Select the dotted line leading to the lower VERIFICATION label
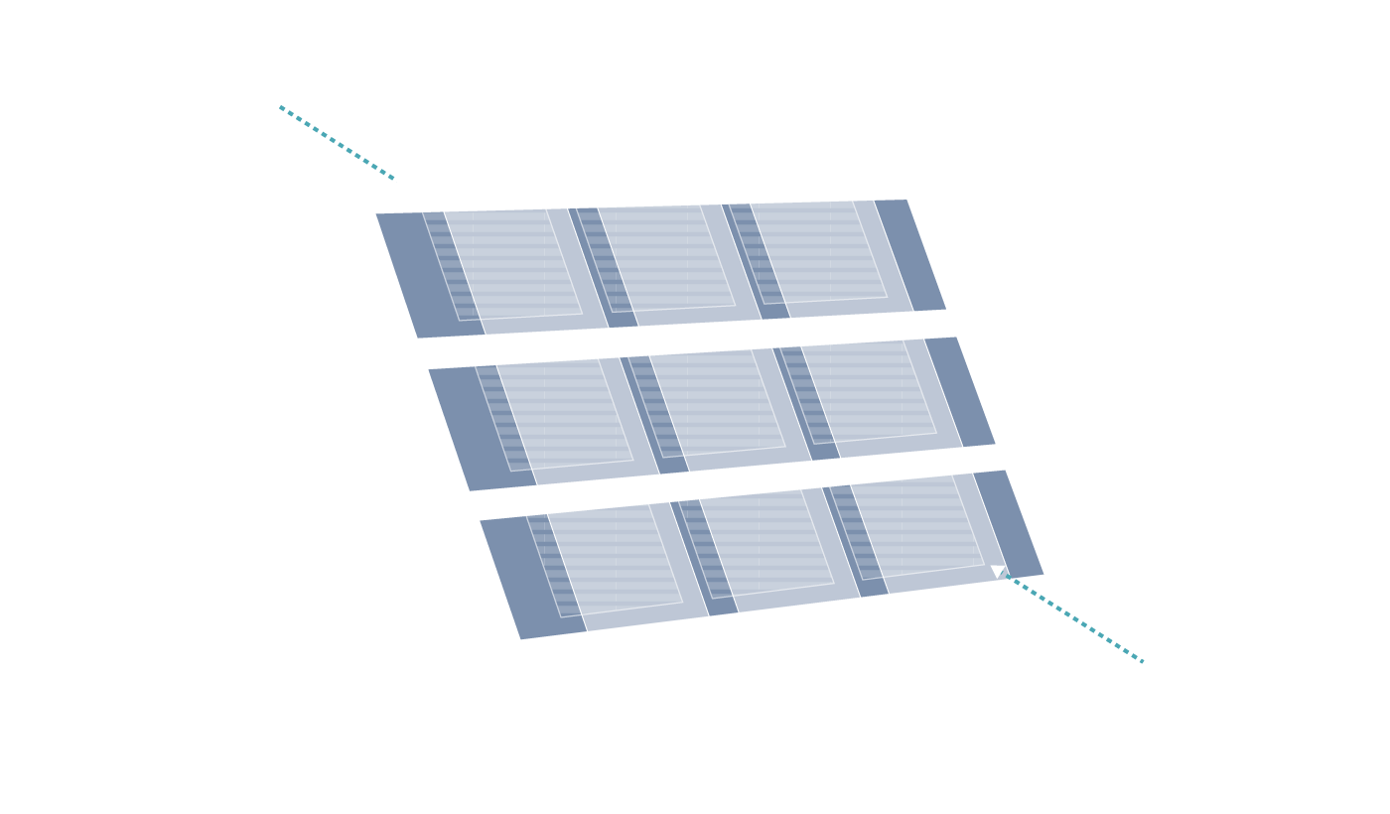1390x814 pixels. [x=1077, y=619]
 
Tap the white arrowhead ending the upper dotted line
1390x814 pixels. [x=401, y=182]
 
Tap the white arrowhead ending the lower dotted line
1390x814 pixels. [x=998, y=571]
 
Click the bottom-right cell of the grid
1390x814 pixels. [x=913, y=532]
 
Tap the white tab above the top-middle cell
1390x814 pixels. [x=645, y=180]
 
